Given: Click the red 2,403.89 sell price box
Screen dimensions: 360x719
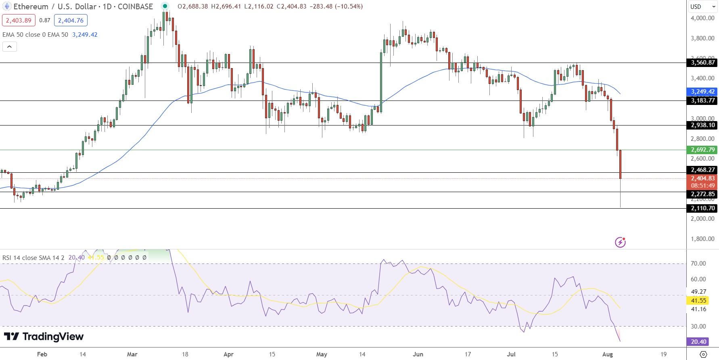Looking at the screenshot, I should click(x=19, y=20).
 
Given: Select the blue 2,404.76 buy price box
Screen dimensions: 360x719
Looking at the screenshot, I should click(x=71, y=20).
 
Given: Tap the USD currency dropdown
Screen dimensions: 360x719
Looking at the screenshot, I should click(x=702, y=6).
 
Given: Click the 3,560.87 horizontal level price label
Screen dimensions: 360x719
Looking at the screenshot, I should click(x=702, y=63).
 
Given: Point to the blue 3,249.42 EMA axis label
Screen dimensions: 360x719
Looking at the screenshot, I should click(x=702, y=92).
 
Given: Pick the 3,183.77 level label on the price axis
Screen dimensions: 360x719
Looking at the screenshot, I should click(x=702, y=100).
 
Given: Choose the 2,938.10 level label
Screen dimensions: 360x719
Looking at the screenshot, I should click(x=702, y=125).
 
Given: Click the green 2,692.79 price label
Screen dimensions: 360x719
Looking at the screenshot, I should click(x=702, y=150).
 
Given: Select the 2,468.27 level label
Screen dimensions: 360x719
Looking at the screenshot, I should click(x=702, y=170).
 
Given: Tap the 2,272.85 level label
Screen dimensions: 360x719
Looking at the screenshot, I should click(x=702, y=194).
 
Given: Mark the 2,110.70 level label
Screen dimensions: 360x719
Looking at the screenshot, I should click(x=702, y=208).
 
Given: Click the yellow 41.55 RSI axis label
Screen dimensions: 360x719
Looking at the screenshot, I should click(x=698, y=300).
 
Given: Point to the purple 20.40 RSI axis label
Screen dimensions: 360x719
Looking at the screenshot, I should click(x=698, y=342).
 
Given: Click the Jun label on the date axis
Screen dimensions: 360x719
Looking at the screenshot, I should click(x=418, y=354).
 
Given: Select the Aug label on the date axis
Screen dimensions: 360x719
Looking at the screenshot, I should click(x=607, y=354).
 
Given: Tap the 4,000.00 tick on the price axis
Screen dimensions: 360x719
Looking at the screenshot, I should click(x=702, y=18).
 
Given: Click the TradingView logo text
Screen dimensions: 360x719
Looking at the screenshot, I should click(x=53, y=337).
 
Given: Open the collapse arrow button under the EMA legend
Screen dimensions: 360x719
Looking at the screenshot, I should click(x=10, y=47).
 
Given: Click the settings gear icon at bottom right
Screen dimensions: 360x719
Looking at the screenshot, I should click(x=703, y=354).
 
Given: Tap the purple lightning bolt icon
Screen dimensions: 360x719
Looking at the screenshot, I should click(x=620, y=242).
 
